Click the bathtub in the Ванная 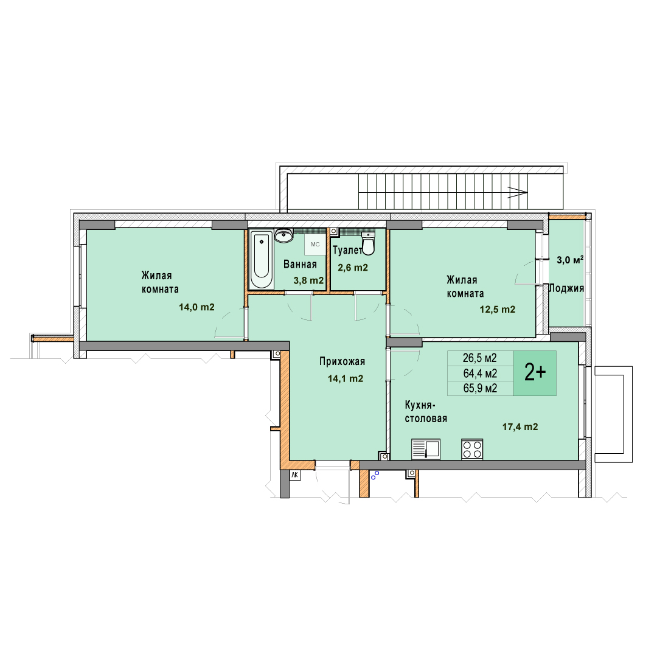coord(262,259)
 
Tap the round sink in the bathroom coord(283,236)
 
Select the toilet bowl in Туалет coord(368,243)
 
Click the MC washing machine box coord(315,245)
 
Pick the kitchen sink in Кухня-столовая coord(426,449)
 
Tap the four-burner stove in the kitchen coord(472,449)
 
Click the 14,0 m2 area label coord(196,307)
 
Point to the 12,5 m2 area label coord(498,310)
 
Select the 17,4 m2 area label coord(520,427)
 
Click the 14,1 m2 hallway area coord(346,379)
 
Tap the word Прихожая coord(342,361)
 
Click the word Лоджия coord(566,288)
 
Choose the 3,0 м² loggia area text coord(570,260)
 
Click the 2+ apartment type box coord(535,373)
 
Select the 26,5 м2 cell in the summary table coord(480,358)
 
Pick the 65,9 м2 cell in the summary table coord(480,388)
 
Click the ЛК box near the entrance coord(295,475)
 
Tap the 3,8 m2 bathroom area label coord(308,280)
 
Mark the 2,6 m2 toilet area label coord(353,268)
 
